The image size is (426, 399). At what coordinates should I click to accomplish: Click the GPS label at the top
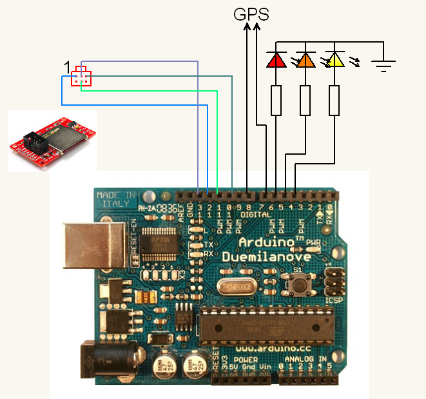click(251, 14)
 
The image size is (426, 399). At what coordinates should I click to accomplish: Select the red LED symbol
click(276, 61)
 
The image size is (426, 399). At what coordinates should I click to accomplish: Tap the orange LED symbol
click(305, 61)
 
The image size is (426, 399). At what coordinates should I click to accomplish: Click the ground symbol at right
click(384, 65)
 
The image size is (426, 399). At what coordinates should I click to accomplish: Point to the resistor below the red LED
click(276, 100)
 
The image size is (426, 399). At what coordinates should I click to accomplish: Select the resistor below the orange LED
click(305, 100)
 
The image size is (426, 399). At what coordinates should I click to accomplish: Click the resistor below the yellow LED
click(334, 100)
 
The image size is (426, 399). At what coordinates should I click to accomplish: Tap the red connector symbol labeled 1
click(81, 76)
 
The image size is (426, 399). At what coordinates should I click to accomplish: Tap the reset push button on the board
click(298, 282)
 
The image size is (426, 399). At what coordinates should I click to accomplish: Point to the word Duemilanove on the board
click(267, 257)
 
